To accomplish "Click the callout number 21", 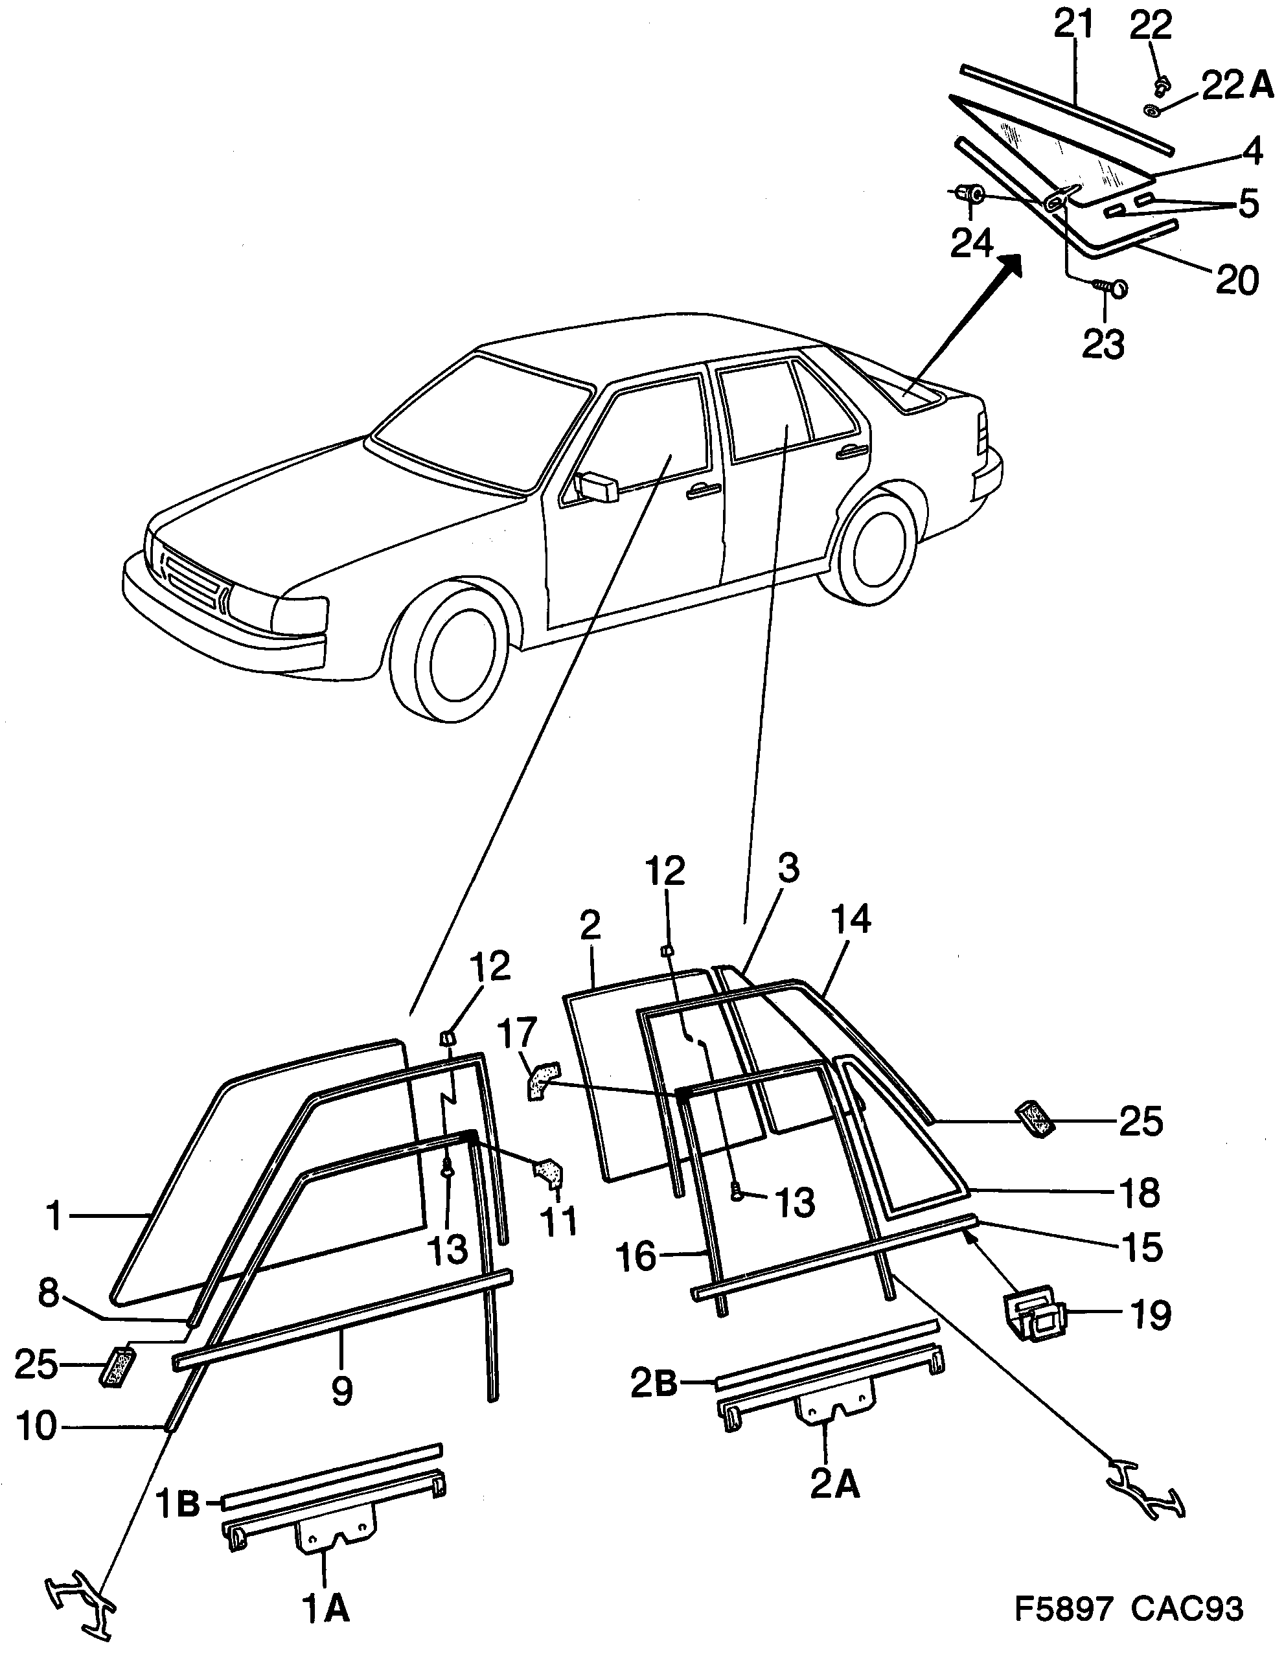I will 1073,25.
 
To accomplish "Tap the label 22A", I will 1237,85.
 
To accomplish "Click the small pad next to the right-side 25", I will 1036,1119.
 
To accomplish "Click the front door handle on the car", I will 704,492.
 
